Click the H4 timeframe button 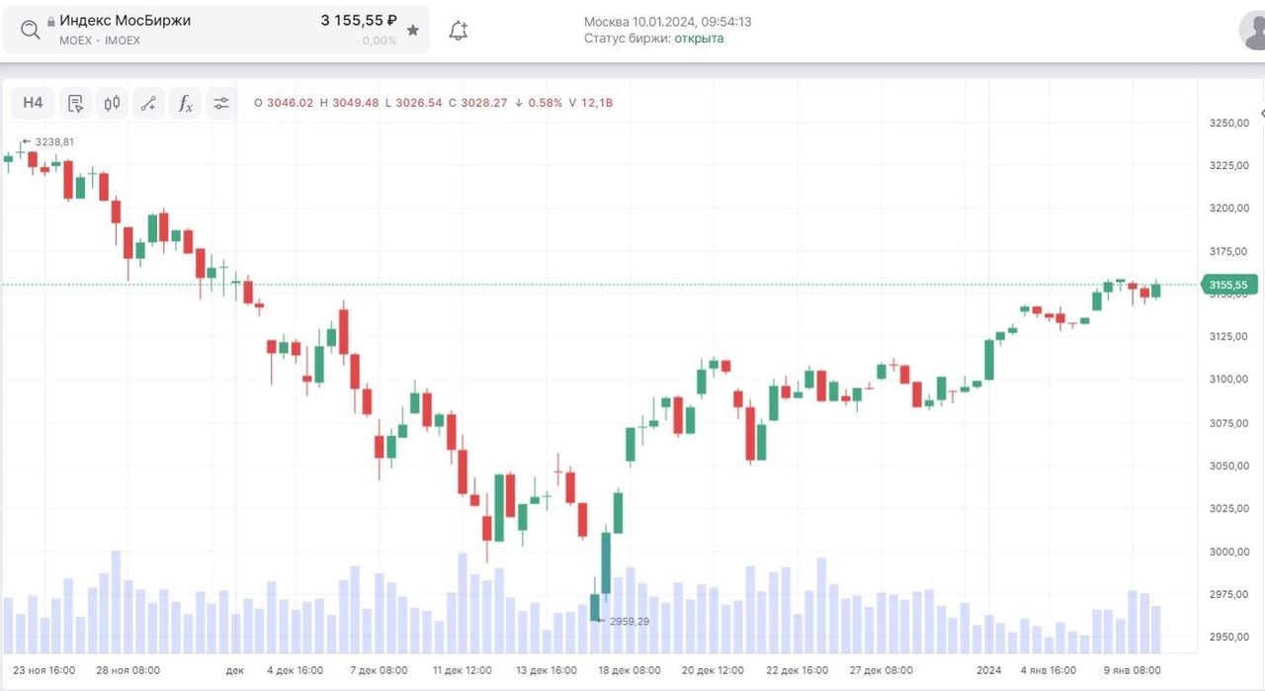(33, 103)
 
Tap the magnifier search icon (31, 30)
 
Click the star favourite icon (413, 31)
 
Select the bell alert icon (458, 31)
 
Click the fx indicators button (185, 103)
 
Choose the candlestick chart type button (112, 103)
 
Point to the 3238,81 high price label (54, 141)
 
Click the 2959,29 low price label (630, 621)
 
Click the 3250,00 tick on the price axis (1228, 123)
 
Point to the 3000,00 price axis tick (1228, 552)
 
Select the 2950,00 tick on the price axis (1228, 638)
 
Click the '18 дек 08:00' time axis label (630, 670)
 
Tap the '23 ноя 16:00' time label (44, 670)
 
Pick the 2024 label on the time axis (989, 670)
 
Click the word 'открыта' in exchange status (699, 39)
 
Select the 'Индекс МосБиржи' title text (125, 20)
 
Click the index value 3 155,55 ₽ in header (359, 20)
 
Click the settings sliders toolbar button (221, 103)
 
